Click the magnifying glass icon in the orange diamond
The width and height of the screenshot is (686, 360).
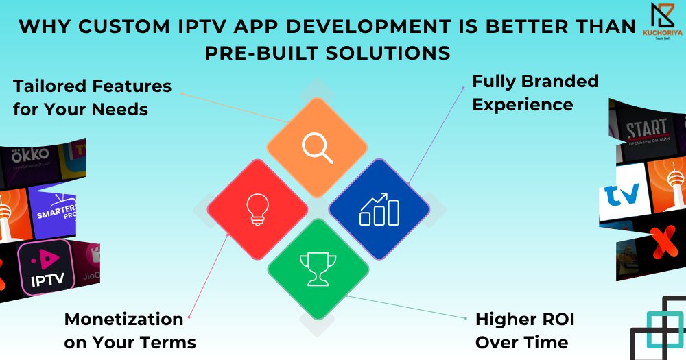click(x=317, y=147)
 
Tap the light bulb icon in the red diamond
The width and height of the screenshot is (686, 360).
click(x=257, y=208)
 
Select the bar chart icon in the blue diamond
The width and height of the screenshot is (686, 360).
click(x=379, y=209)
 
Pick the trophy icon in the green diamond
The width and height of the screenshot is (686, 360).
click(x=317, y=269)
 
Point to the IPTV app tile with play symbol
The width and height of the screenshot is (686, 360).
click(x=47, y=267)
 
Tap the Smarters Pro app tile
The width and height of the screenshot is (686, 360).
click(x=58, y=209)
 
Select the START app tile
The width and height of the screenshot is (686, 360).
click(x=646, y=130)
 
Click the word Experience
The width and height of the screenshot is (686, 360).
click(x=522, y=105)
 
